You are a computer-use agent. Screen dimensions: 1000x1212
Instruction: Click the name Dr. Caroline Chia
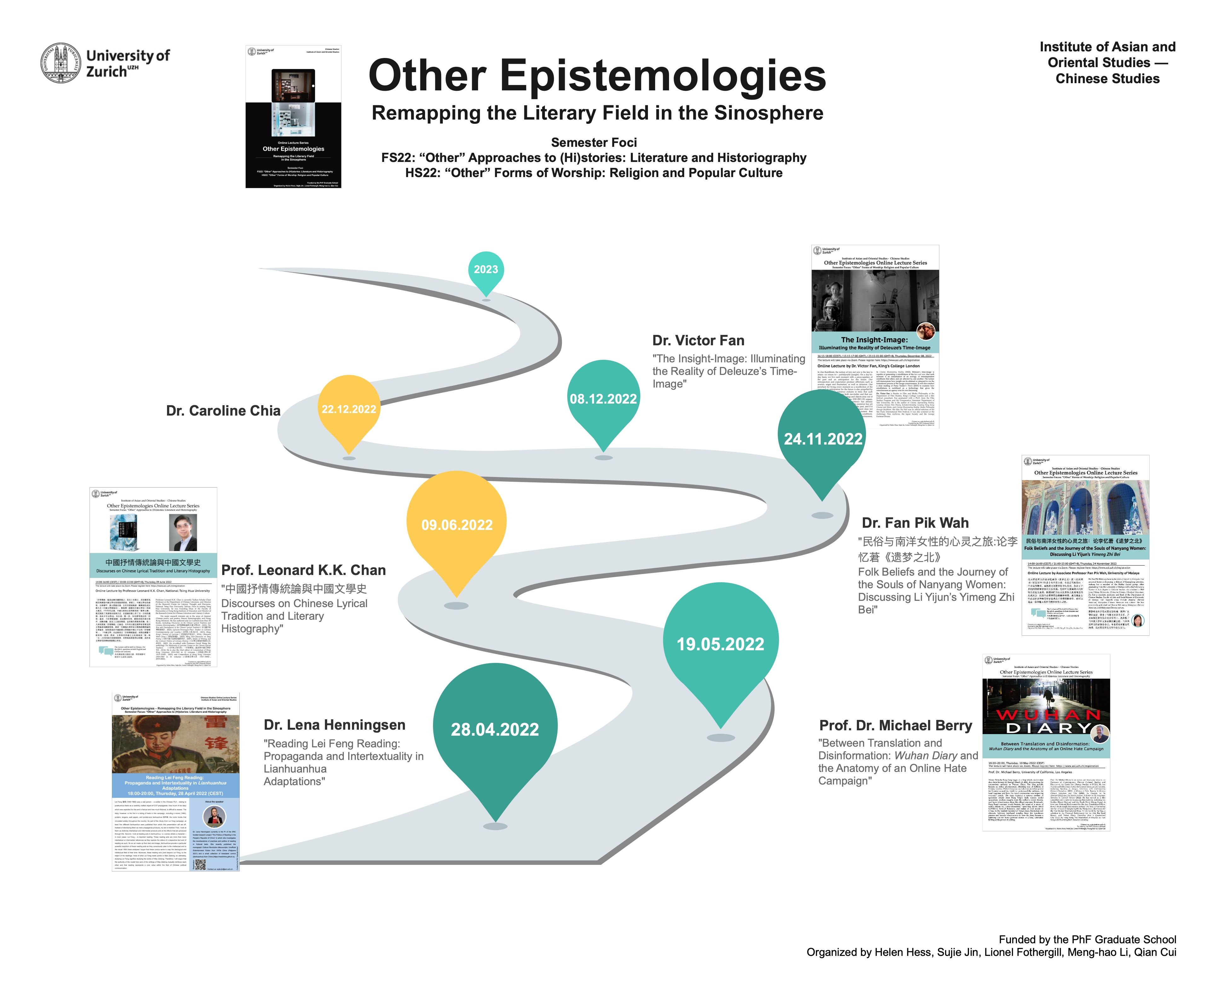(223, 411)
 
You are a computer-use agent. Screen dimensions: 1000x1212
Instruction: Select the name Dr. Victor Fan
(698, 341)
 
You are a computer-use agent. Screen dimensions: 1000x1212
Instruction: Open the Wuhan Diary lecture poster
(1046, 742)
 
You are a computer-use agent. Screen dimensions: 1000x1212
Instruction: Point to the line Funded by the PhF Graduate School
(1087, 940)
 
